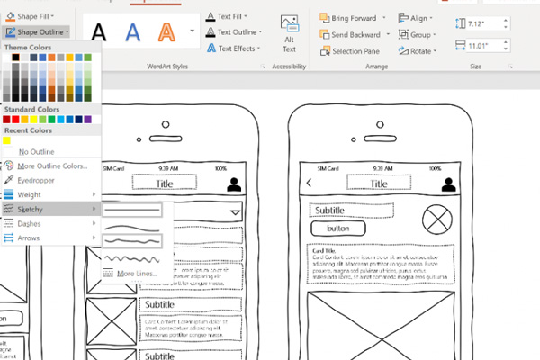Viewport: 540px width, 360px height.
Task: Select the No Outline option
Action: tap(36, 151)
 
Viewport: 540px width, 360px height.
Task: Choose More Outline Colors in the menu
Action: tap(51, 166)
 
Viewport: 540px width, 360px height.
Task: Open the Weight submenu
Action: tap(31, 194)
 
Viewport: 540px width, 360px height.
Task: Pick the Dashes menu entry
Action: tap(30, 223)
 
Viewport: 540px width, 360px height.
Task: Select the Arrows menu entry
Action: tap(30, 238)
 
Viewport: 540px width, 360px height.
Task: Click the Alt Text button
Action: tap(289, 32)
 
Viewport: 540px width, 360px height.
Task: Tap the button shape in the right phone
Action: tap(337, 229)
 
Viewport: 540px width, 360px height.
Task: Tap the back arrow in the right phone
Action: tap(310, 184)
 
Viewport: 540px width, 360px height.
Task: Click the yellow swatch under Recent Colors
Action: tap(6, 139)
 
